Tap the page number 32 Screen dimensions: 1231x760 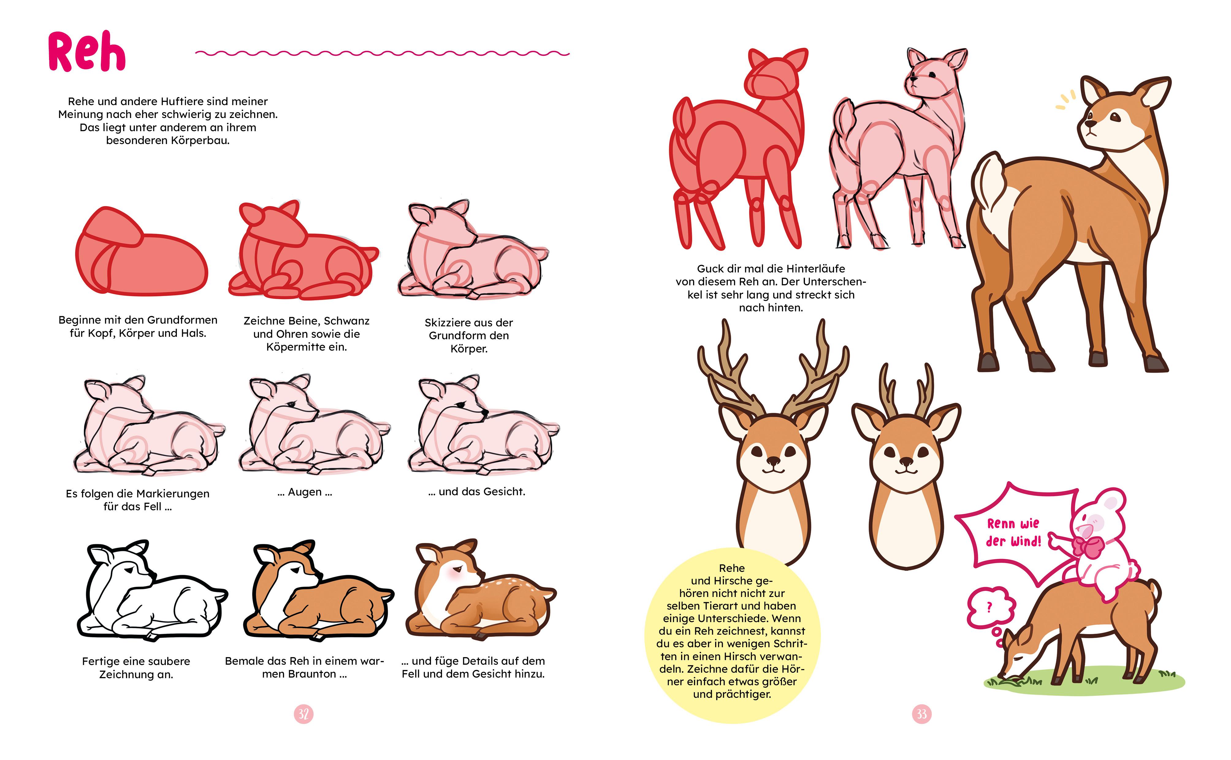pos(303,714)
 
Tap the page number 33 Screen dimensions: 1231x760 pos(921,714)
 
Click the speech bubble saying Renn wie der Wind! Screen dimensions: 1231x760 pos(1010,533)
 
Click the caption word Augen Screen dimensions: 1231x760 pos(305,492)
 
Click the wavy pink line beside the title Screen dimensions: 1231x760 pos(382,53)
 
